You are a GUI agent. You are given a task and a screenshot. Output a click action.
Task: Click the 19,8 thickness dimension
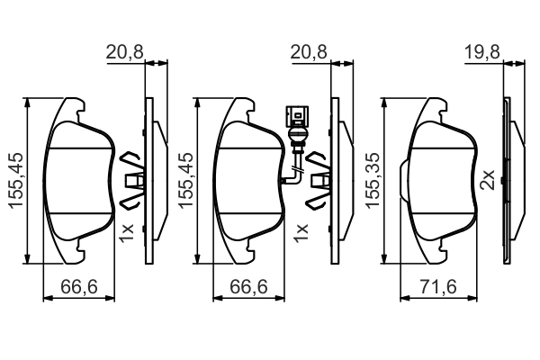(x=482, y=53)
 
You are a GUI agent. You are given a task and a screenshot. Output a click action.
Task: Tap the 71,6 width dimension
(x=438, y=286)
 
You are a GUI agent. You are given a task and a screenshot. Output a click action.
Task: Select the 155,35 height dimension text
(x=373, y=180)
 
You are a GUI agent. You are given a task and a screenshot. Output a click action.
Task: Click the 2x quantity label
(x=488, y=179)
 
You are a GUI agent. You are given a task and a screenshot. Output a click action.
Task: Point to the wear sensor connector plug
(x=297, y=116)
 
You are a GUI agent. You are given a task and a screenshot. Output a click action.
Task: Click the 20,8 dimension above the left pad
(x=124, y=53)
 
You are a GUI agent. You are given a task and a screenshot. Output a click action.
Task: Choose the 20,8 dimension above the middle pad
(x=309, y=53)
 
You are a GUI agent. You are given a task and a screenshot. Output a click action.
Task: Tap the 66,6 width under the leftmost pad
(x=79, y=286)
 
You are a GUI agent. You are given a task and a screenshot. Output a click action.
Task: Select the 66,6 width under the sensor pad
(x=248, y=286)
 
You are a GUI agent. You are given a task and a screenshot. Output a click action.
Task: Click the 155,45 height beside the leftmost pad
(x=16, y=180)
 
